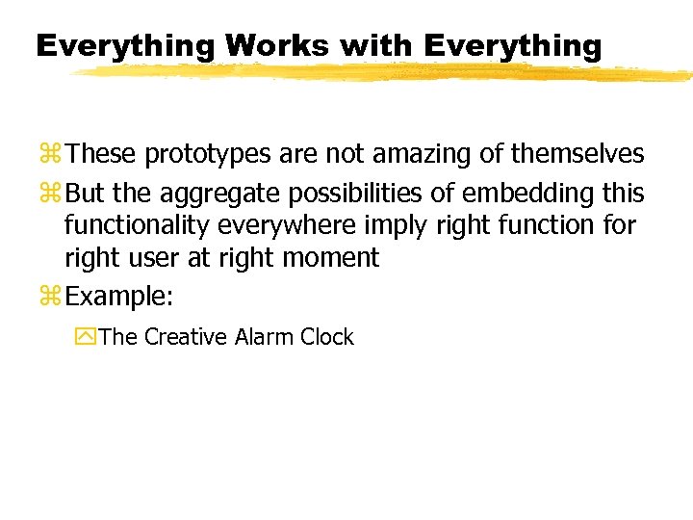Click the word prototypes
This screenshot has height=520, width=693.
point(206,153)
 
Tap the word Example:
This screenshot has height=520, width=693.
point(120,297)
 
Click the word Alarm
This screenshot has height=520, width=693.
point(264,337)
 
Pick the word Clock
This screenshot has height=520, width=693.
point(327,337)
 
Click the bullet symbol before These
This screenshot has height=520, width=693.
point(52,154)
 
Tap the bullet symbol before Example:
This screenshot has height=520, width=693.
point(52,298)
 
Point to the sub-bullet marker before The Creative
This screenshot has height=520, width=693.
point(86,338)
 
